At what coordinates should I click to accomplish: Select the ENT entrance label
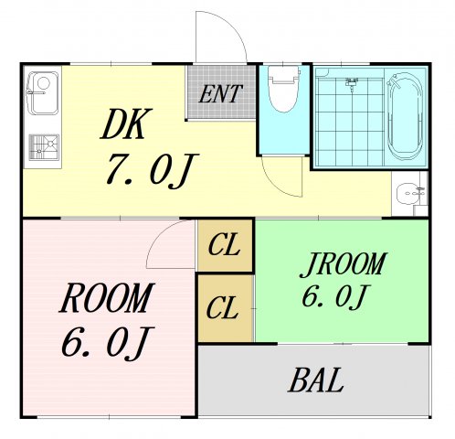click(222, 92)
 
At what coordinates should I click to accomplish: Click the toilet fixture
click(284, 91)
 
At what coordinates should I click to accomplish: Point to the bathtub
click(405, 117)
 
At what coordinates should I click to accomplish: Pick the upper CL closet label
click(225, 246)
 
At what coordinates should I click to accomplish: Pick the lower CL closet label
click(225, 307)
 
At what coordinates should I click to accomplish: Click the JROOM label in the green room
click(344, 264)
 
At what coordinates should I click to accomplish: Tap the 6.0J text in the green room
click(334, 297)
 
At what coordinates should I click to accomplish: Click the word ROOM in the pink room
click(106, 298)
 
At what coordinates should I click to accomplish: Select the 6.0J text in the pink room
click(105, 342)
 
